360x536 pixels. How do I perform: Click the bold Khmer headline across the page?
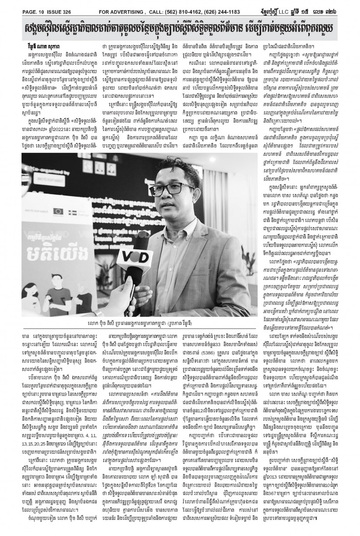tap(180, 29)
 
